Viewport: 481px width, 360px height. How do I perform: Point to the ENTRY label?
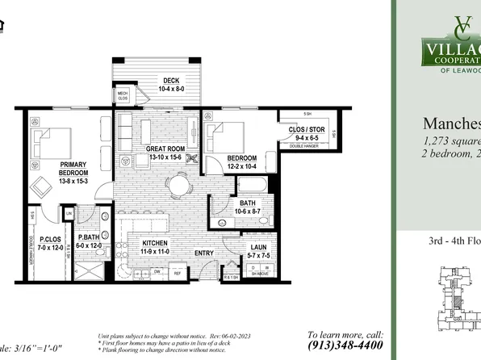point(203,253)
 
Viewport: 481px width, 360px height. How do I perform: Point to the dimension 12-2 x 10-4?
point(241,165)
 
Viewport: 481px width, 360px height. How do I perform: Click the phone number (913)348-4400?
point(345,345)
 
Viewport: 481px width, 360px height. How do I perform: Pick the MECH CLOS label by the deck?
point(123,95)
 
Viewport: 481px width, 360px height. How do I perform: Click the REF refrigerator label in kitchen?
point(178,274)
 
